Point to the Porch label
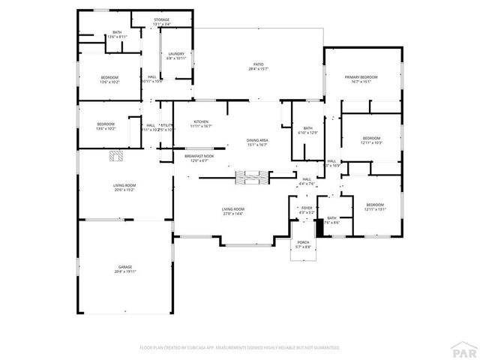tap(303, 244)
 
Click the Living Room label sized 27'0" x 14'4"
tap(232, 211)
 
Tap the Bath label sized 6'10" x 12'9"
tap(307, 130)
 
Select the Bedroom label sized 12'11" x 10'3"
tap(372, 140)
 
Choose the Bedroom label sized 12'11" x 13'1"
tap(375, 207)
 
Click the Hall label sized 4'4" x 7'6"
tap(306, 181)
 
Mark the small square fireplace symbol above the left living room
tap(115, 156)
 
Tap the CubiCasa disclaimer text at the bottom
tap(240, 347)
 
